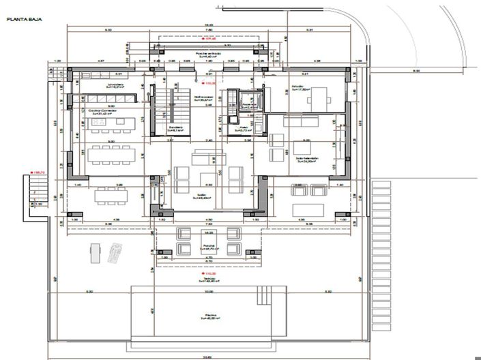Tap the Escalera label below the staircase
(x=175, y=127)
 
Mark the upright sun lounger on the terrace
(x=93, y=252)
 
